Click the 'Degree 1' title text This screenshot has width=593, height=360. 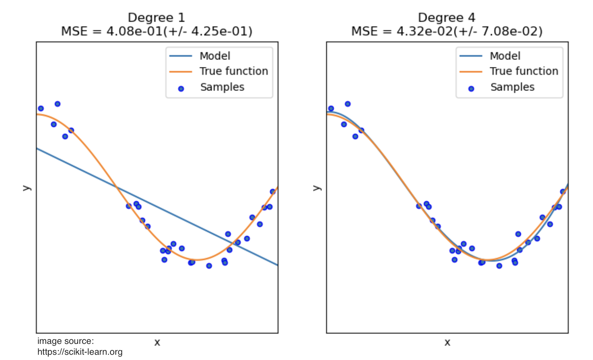tap(156, 18)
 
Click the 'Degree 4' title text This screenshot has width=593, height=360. tap(446, 18)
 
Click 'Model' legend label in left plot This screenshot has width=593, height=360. tap(215, 56)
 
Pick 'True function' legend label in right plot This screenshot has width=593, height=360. tap(524, 71)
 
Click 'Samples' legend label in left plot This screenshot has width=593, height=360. tap(222, 87)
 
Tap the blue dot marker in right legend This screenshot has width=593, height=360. tap(471, 89)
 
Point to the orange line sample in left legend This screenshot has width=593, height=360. tap(180, 71)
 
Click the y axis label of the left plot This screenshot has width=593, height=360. tap(26, 188)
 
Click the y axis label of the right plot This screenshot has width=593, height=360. tap(316, 188)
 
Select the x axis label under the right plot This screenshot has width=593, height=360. tap(447, 342)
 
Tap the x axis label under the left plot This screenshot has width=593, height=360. tap(157, 342)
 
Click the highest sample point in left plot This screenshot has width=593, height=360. tap(57, 104)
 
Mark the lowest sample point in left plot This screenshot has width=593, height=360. tap(209, 266)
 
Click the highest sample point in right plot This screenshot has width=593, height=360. tap(347, 104)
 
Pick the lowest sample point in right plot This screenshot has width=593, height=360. tap(499, 266)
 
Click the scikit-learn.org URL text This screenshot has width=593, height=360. tap(80, 352)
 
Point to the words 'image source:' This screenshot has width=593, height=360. tap(66, 341)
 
